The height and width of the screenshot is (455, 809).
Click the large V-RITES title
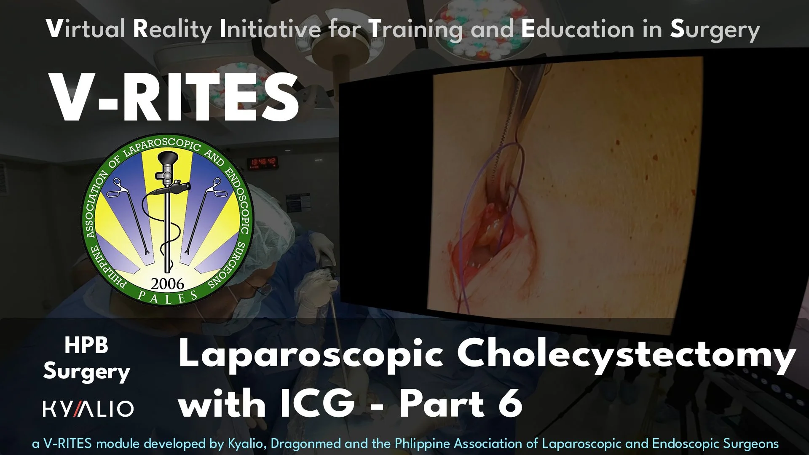[175, 98]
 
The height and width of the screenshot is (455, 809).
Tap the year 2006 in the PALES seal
[167, 284]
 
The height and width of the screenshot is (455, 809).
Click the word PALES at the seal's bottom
[168, 297]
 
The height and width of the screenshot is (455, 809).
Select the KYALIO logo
[88, 409]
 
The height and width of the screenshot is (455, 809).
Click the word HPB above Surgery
[86, 345]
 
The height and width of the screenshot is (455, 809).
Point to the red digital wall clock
[262, 161]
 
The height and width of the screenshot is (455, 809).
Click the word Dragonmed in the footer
[305, 444]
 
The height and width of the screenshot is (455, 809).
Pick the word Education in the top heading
[577, 29]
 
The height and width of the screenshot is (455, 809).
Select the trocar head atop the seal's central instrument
[167, 161]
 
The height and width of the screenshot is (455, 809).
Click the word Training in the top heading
[415, 29]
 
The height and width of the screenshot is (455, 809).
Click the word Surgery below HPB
[86, 372]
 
